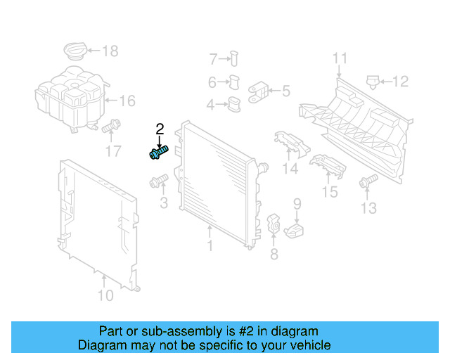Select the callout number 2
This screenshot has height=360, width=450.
160,129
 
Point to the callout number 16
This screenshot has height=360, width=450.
126,101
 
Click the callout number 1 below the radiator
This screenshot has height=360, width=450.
209,245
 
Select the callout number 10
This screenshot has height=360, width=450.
104,295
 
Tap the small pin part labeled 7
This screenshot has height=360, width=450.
235,58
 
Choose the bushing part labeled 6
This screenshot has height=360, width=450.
235,82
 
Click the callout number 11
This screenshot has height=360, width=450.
340,58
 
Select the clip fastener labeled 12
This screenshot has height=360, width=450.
373,82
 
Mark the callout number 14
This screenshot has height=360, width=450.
290,169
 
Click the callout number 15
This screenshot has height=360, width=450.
329,191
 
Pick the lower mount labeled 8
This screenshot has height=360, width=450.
273,224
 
